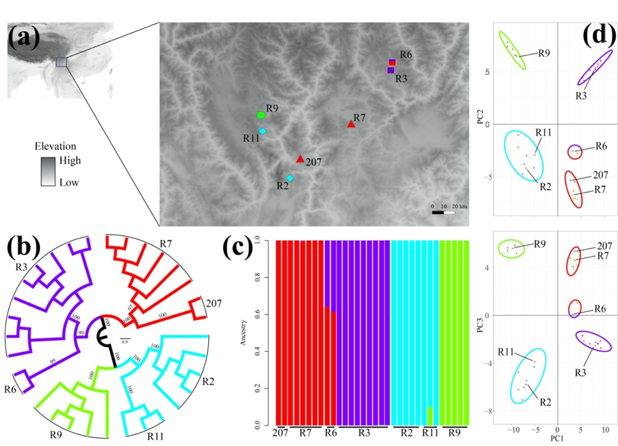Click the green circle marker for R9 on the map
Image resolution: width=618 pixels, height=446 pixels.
pos(261,115)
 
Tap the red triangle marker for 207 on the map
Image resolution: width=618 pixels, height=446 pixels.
pos(300,159)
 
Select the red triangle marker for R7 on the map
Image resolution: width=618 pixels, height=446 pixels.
pos(351,124)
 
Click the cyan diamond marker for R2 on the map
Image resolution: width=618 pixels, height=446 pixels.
pos(290,178)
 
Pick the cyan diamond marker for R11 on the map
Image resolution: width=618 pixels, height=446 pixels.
pos(263,131)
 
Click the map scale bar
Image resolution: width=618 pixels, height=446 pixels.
pos(443,212)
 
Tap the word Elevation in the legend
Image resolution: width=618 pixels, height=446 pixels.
pos(56,146)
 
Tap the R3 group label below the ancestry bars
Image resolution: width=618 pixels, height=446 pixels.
pos(364,432)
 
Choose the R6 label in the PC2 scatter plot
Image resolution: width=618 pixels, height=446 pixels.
pos(601,146)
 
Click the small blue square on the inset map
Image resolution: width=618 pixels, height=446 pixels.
pos(61,62)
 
